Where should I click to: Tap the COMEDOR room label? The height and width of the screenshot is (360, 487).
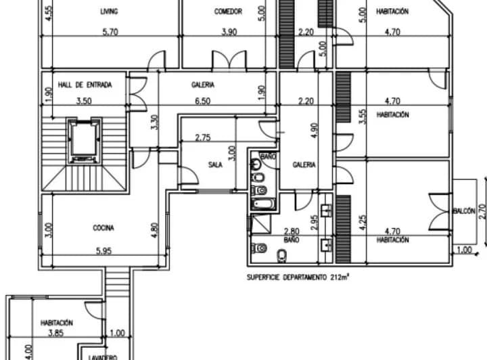click(228, 12)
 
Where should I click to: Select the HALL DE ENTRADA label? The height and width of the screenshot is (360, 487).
click(84, 85)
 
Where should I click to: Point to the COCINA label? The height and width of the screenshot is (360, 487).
click(103, 228)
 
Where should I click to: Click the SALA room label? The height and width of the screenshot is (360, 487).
click(216, 164)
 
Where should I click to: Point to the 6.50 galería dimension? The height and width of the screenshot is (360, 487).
click(204, 101)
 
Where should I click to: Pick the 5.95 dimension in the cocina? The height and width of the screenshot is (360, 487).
click(103, 252)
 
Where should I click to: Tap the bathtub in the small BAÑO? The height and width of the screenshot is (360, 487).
click(260, 203)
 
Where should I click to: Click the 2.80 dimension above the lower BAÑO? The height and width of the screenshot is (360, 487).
click(292, 231)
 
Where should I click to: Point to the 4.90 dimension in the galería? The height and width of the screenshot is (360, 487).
click(312, 131)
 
